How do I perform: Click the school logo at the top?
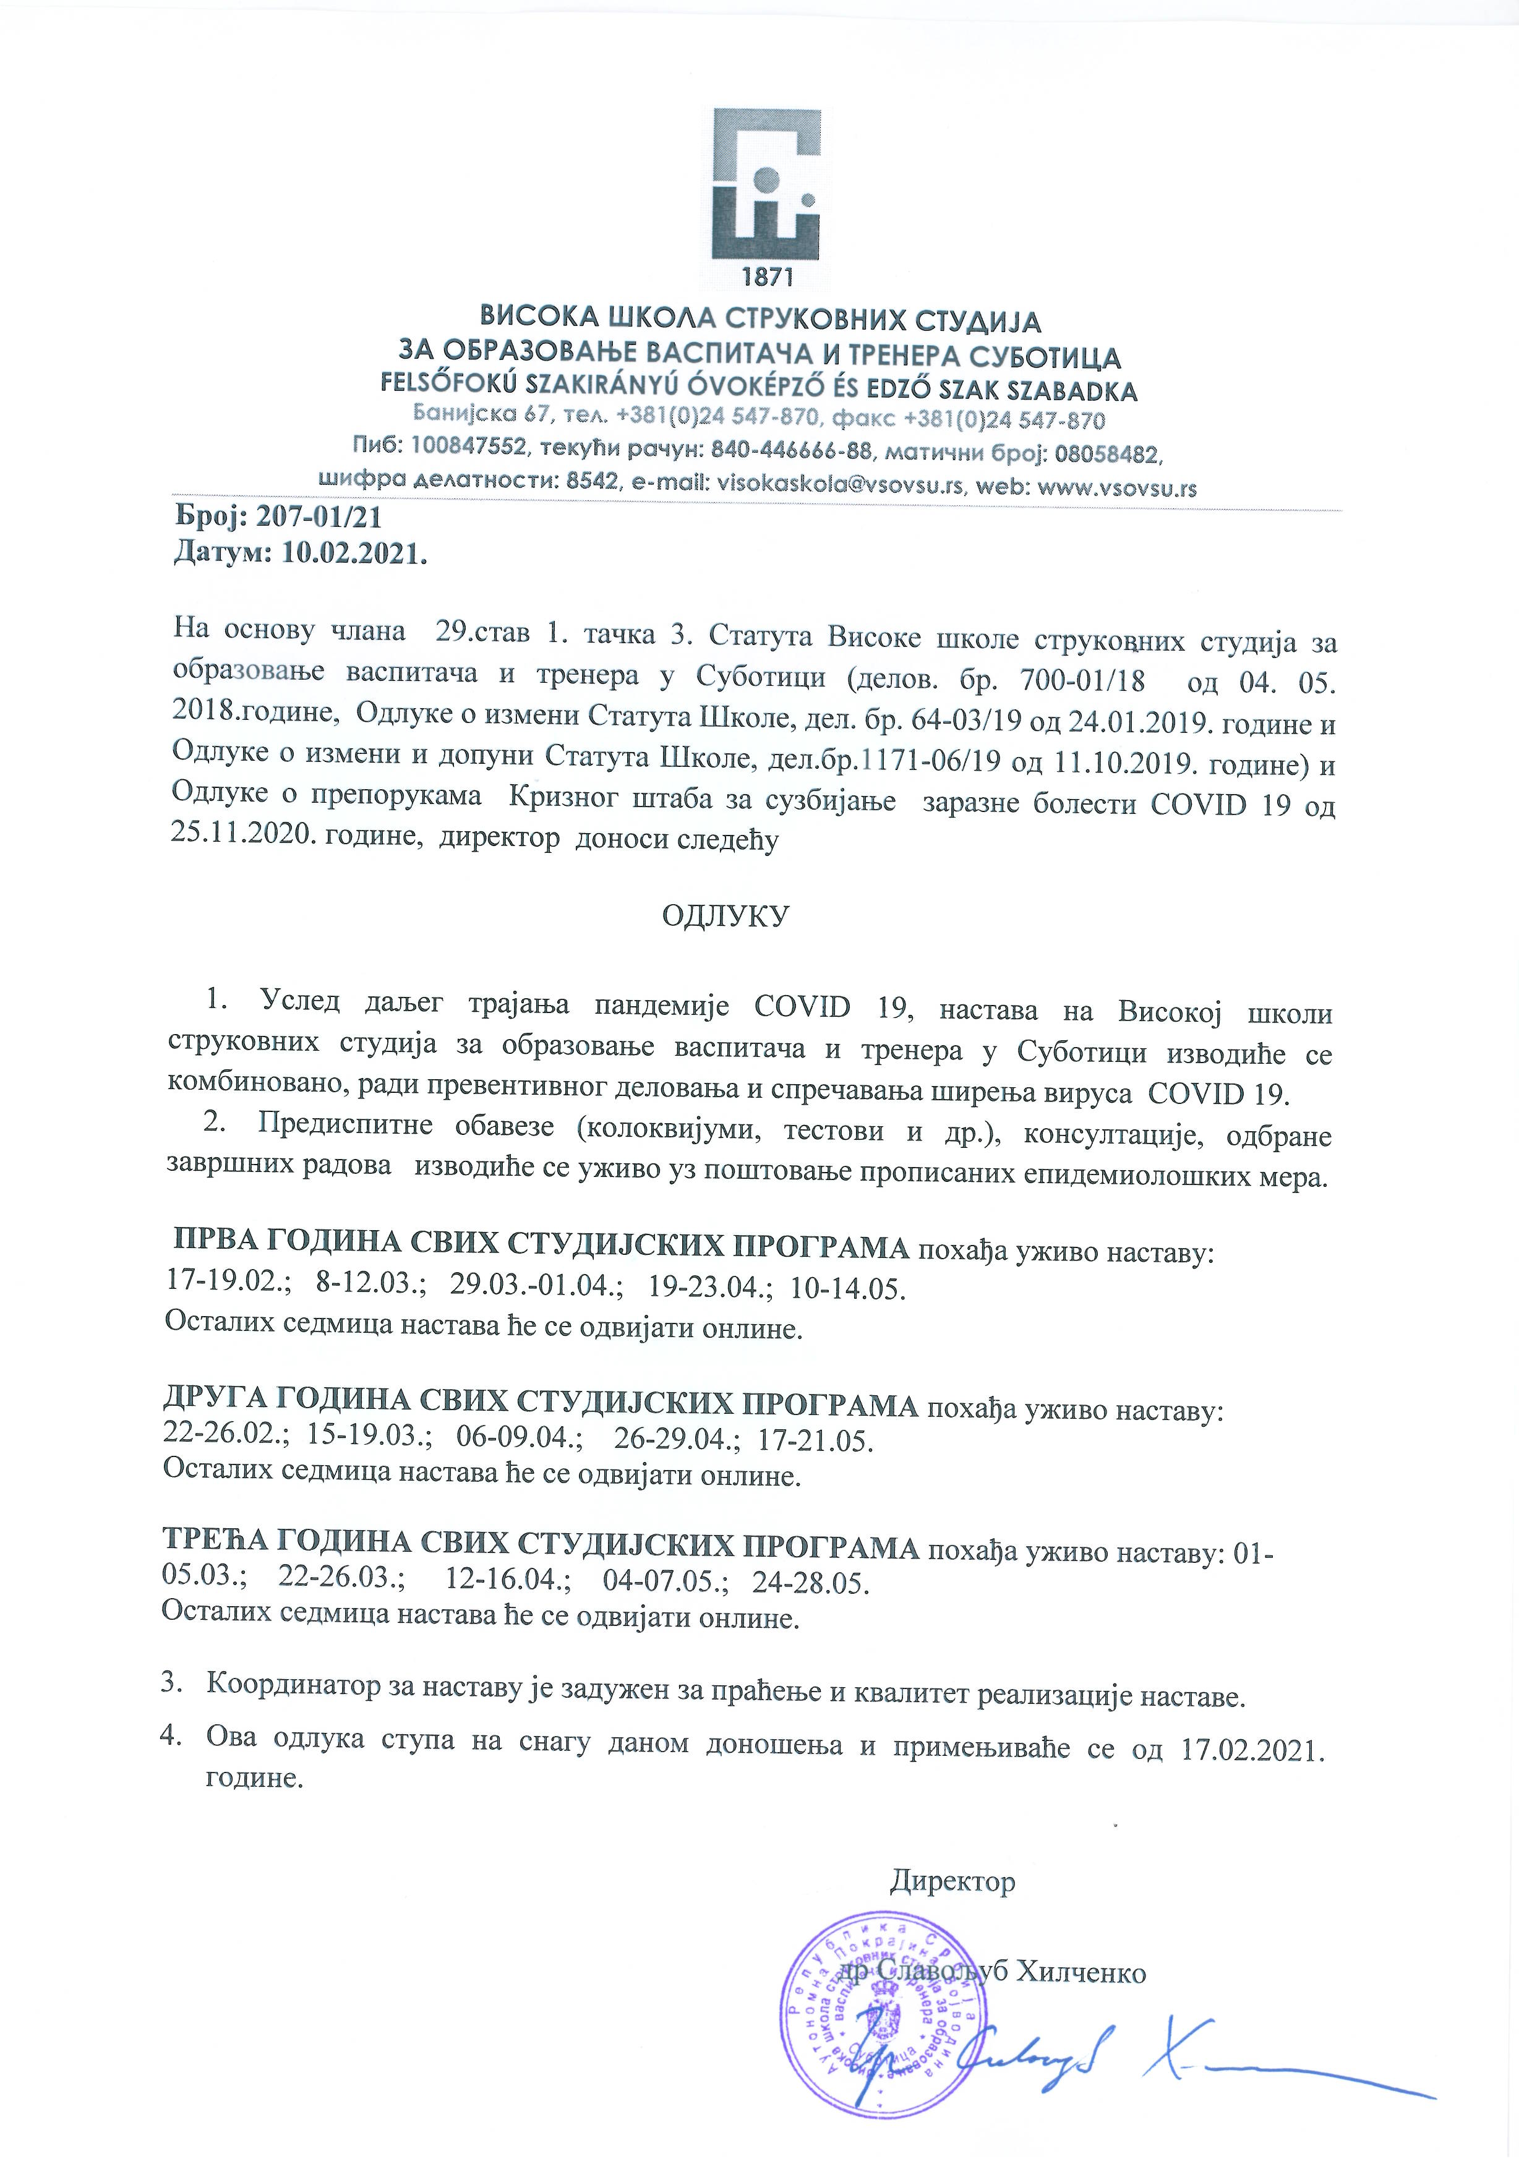767,185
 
